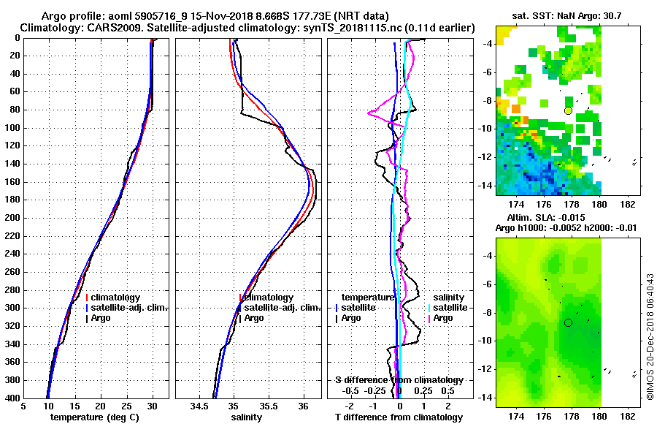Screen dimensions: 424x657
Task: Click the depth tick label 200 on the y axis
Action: click(12, 218)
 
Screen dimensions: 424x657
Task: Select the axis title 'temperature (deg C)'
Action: click(95, 417)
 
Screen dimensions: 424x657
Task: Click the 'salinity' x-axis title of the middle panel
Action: click(246, 417)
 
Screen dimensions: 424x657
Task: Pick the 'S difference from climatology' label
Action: click(399, 380)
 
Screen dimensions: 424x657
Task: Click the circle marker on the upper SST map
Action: click(569, 110)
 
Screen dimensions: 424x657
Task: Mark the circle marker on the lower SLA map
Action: click(569, 322)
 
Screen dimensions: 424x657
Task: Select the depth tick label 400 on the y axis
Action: click(12, 398)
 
